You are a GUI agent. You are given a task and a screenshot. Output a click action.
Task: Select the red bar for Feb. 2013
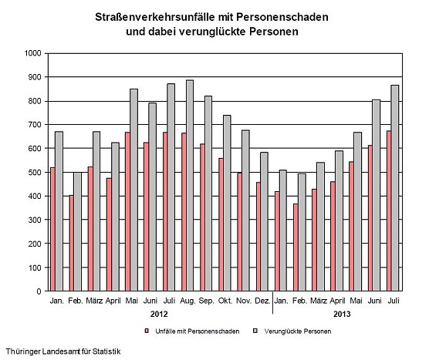(295, 247)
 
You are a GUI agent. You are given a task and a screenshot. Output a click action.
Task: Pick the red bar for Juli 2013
(389, 211)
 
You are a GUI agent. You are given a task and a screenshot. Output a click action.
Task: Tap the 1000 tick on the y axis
(32, 53)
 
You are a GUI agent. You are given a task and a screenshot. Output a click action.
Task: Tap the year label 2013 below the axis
(341, 315)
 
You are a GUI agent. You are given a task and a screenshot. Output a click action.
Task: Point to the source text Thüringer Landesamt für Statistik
(62, 352)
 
